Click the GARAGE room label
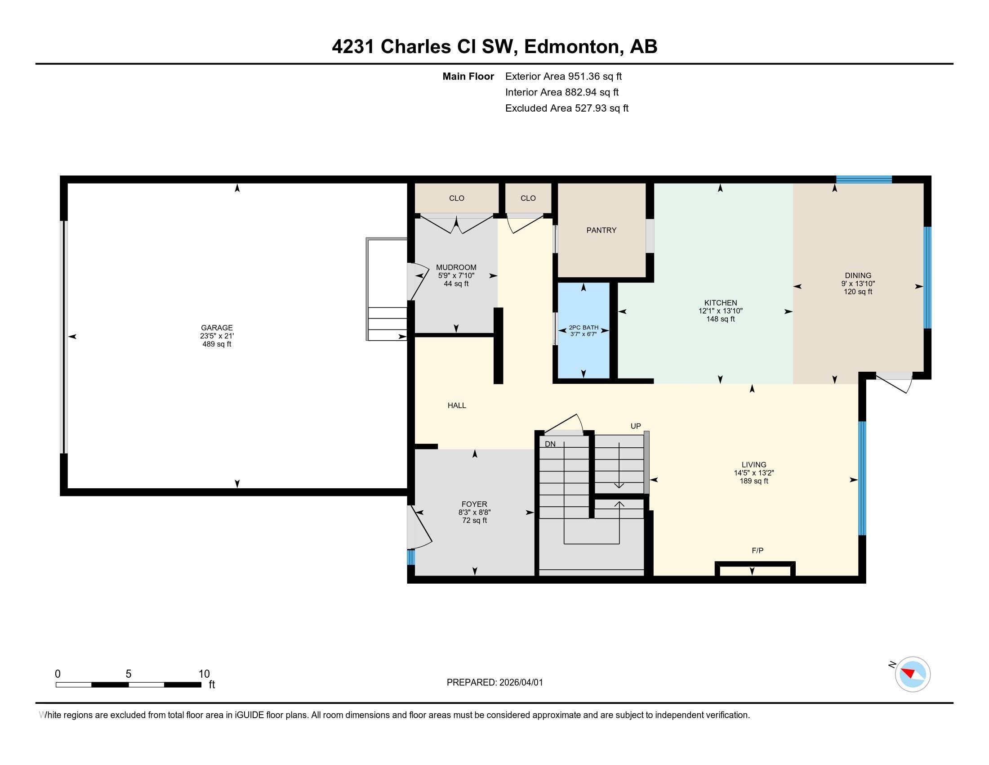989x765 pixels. coord(217,328)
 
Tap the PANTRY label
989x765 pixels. coord(601,230)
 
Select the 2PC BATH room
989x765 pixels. coord(583,330)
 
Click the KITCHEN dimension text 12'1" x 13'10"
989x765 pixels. coord(720,311)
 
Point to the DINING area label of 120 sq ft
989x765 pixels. coord(858,292)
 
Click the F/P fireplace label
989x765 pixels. coord(757,551)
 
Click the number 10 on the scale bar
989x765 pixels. coord(204,674)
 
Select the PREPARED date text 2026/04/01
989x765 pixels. coord(521,683)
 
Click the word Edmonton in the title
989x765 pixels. coord(571,47)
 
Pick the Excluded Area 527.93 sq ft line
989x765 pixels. coord(566,108)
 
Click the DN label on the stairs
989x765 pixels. coord(550,444)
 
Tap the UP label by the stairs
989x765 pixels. coord(635,426)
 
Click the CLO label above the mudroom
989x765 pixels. coord(456,198)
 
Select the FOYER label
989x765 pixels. coord(474,504)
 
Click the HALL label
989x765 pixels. coord(456,405)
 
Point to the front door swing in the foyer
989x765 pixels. coord(420,528)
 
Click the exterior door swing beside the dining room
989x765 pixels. coord(894,383)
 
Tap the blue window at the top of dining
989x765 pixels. coord(864,180)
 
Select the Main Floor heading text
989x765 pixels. coord(468,76)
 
